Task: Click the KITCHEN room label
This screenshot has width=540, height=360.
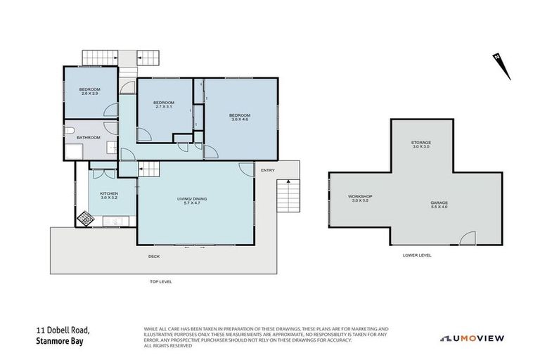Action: pyautogui.click(x=108, y=193)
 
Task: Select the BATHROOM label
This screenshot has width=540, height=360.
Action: pyautogui.click(x=89, y=137)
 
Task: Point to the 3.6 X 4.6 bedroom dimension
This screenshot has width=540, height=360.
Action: pyautogui.click(x=240, y=120)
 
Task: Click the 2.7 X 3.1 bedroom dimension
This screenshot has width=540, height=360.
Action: pyautogui.click(x=163, y=107)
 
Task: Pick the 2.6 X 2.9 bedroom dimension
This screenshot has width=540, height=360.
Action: pyautogui.click(x=89, y=94)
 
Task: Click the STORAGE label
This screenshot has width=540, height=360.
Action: pyautogui.click(x=421, y=143)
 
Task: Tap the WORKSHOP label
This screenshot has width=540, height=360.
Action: pyautogui.click(x=360, y=196)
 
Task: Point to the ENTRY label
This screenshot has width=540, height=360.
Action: pyautogui.click(x=267, y=170)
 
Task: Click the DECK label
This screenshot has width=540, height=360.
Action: pyautogui.click(x=154, y=256)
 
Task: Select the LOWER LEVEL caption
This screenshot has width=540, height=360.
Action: pyautogui.click(x=418, y=255)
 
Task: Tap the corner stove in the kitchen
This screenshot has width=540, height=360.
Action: pyautogui.click(x=85, y=219)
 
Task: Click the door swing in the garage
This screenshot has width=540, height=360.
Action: pyautogui.click(x=467, y=238)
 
